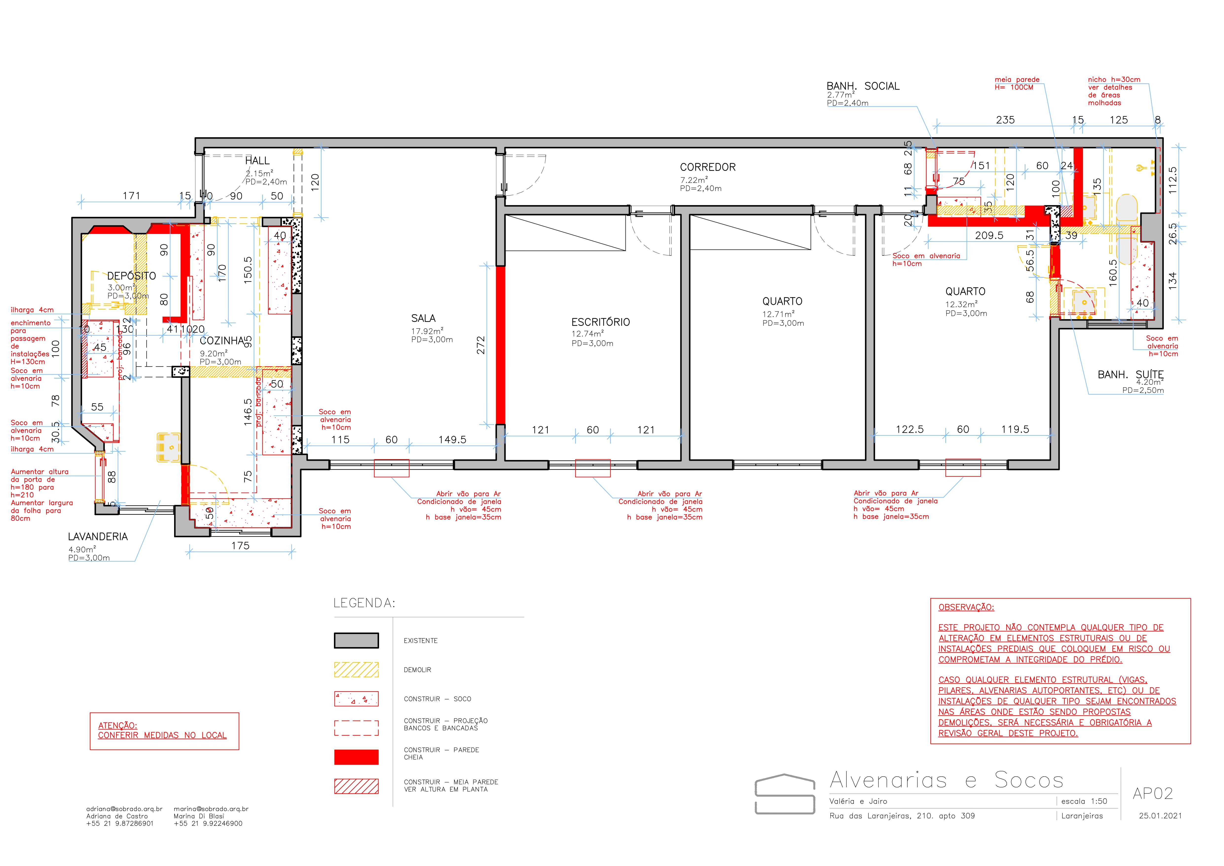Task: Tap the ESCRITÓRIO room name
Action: pos(600,322)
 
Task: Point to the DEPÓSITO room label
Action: pos(131,276)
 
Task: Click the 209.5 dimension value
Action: pos(989,235)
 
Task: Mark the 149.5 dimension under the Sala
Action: pos(452,440)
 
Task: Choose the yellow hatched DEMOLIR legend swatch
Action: pos(356,670)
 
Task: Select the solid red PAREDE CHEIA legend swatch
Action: pos(356,757)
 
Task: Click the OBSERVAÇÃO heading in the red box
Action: pos(966,607)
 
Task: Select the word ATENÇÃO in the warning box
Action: pos(117,726)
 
